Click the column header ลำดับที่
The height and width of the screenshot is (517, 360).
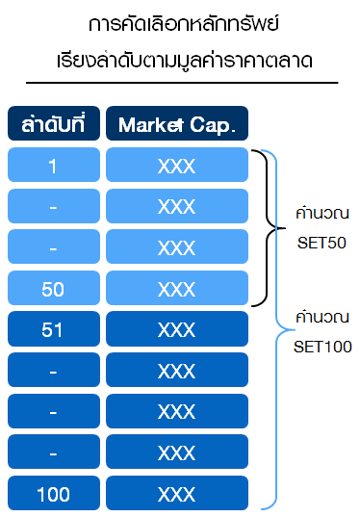click(53, 124)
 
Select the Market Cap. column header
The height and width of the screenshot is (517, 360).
click(176, 124)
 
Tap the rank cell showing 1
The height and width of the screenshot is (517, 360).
click(53, 166)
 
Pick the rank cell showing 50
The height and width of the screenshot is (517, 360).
click(53, 288)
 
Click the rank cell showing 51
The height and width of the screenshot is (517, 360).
click(53, 329)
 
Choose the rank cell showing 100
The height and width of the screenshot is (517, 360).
click(53, 494)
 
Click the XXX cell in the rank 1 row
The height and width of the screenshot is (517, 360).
click(176, 166)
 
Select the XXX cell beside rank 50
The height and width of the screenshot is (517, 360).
click(176, 288)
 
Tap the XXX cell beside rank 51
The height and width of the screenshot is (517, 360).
click(176, 329)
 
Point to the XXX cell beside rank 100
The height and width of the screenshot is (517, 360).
click(176, 494)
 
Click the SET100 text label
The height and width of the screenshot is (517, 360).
click(322, 346)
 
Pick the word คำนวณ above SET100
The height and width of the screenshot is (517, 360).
click(322, 317)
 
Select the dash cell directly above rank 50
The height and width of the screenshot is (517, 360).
click(53, 247)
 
